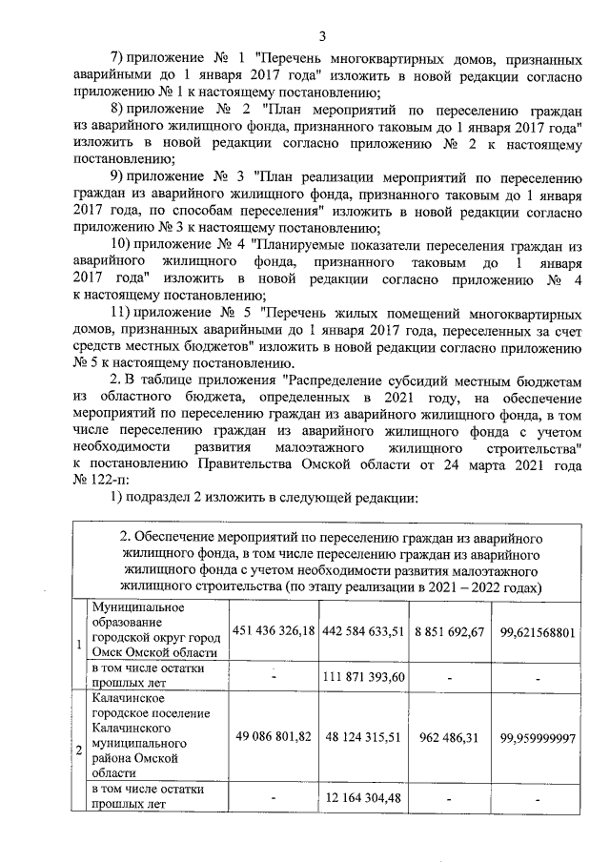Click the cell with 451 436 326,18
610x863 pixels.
pos(274,632)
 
